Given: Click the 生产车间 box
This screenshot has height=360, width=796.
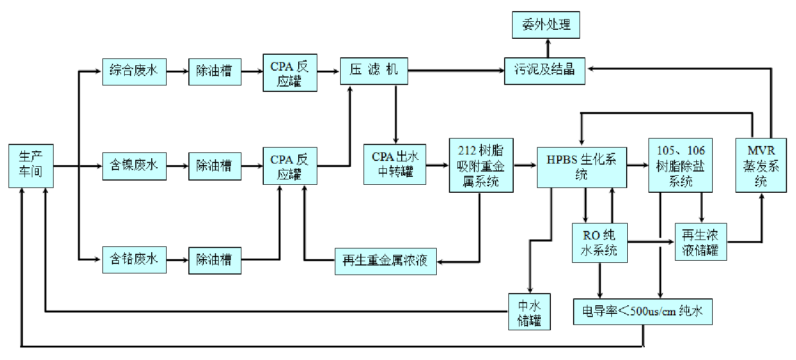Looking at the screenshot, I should coord(31,165).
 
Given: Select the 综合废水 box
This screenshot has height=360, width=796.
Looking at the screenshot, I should coord(134,71).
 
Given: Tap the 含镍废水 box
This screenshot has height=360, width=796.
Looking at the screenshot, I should coord(134,166).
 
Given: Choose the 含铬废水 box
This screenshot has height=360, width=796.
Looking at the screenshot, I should coord(134,260).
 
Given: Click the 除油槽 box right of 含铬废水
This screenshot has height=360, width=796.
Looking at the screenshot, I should coord(214,260).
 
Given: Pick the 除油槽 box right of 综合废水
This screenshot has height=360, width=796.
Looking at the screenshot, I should coord(214,71).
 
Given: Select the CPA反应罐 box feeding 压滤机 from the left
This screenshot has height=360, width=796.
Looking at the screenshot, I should coord(290,72).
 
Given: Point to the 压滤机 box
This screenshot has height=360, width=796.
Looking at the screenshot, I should coord(374,71).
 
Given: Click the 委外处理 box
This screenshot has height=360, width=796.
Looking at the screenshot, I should coord(546,25).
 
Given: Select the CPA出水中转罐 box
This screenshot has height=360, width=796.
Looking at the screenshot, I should coord(394,165).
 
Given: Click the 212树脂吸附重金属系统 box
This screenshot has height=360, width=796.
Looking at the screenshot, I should coord(481,165).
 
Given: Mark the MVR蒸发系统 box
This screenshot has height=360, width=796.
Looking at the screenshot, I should coord(760,165).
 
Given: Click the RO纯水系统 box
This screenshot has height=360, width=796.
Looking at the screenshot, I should coord(600,243).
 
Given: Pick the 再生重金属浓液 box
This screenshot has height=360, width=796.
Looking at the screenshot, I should coord(385,261).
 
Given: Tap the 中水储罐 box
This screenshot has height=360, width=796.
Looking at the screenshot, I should coord(529,311).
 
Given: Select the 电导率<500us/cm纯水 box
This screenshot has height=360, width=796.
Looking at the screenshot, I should coord(643,311).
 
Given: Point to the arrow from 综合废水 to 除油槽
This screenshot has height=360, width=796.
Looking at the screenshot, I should coord(177,71).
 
